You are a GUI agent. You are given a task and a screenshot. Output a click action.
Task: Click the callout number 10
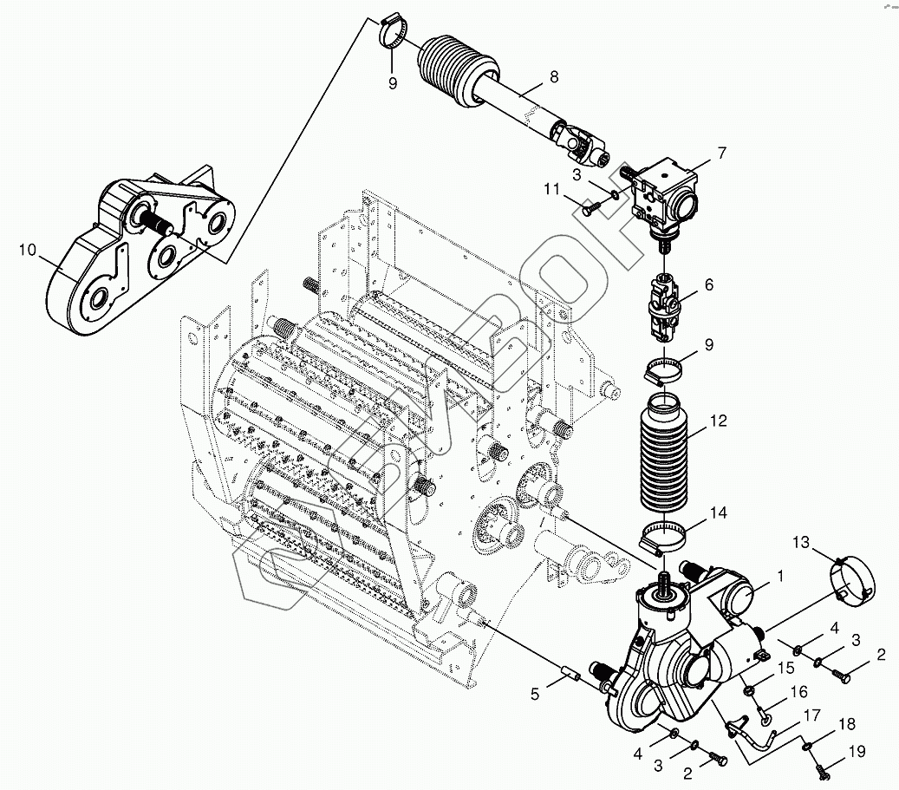coord(27,251)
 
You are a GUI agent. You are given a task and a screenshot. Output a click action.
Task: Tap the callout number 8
coord(553,77)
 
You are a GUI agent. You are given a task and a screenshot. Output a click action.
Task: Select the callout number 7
coord(721,153)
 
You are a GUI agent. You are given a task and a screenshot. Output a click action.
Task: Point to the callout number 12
coord(718,422)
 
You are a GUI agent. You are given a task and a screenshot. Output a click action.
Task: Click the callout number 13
coord(801,543)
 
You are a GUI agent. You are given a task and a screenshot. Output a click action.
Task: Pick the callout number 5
coord(535,694)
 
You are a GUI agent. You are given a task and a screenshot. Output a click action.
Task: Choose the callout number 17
coord(812,715)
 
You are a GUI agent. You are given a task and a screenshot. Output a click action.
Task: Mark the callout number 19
coord(857,753)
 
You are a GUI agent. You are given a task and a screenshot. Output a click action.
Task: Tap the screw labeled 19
coord(820,767)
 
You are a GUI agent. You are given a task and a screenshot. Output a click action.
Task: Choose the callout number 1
coord(779,574)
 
